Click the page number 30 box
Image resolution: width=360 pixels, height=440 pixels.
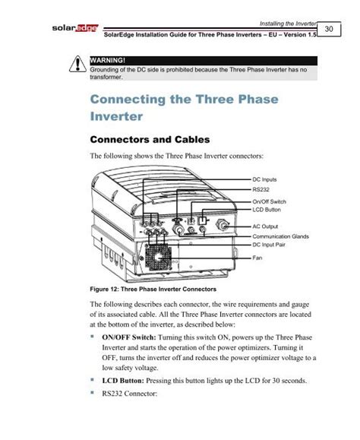[x=329, y=27]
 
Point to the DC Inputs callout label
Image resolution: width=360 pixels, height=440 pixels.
[x=265, y=179]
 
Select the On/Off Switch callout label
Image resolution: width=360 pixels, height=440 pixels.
[x=269, y=201]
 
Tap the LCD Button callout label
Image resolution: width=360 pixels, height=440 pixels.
[x=267, y=208]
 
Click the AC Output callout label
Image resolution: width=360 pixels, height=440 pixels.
[x=266, y=226]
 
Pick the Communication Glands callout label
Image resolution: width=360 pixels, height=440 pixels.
[x=279, y=237]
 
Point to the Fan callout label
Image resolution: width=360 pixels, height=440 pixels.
[x=257, y=258]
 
